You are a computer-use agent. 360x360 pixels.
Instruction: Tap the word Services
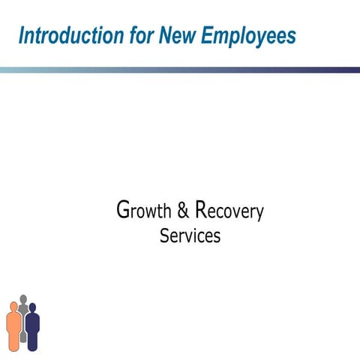[x=190, y=235]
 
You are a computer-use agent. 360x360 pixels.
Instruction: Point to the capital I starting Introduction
[x=22, y=35]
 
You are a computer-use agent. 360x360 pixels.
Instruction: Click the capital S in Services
[x=165, y=235]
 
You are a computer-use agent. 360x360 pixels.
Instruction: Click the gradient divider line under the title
[x=180, y=70]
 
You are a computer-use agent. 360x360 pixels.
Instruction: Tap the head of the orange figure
[x=13, y=305]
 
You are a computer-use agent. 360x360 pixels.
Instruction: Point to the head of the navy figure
[x=32, y=307]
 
